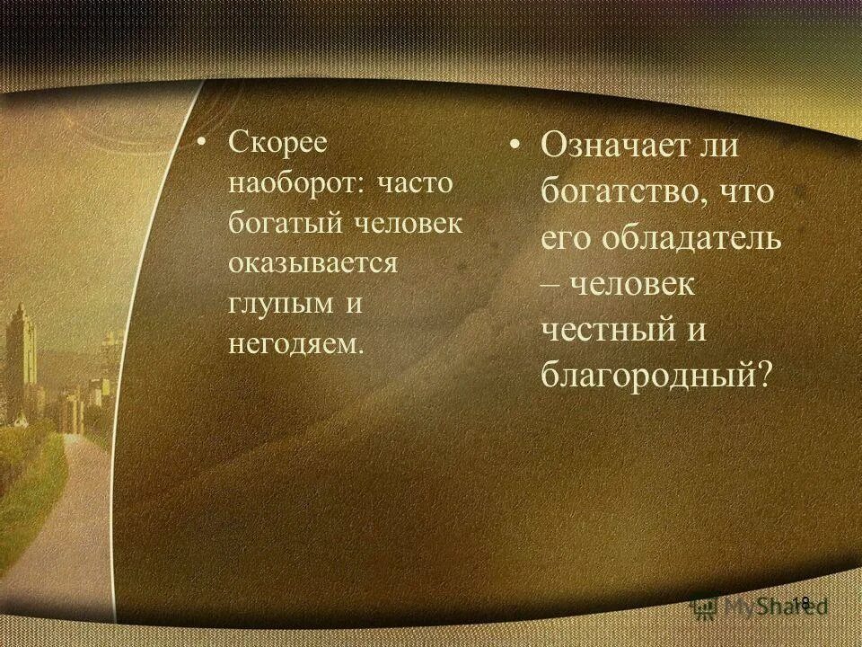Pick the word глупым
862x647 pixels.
click(x=280, y=304)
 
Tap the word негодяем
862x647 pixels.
click(x=295, y=343)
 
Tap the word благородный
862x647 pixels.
click(x=644, y=373)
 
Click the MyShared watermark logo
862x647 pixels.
click(x=760, y=605)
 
